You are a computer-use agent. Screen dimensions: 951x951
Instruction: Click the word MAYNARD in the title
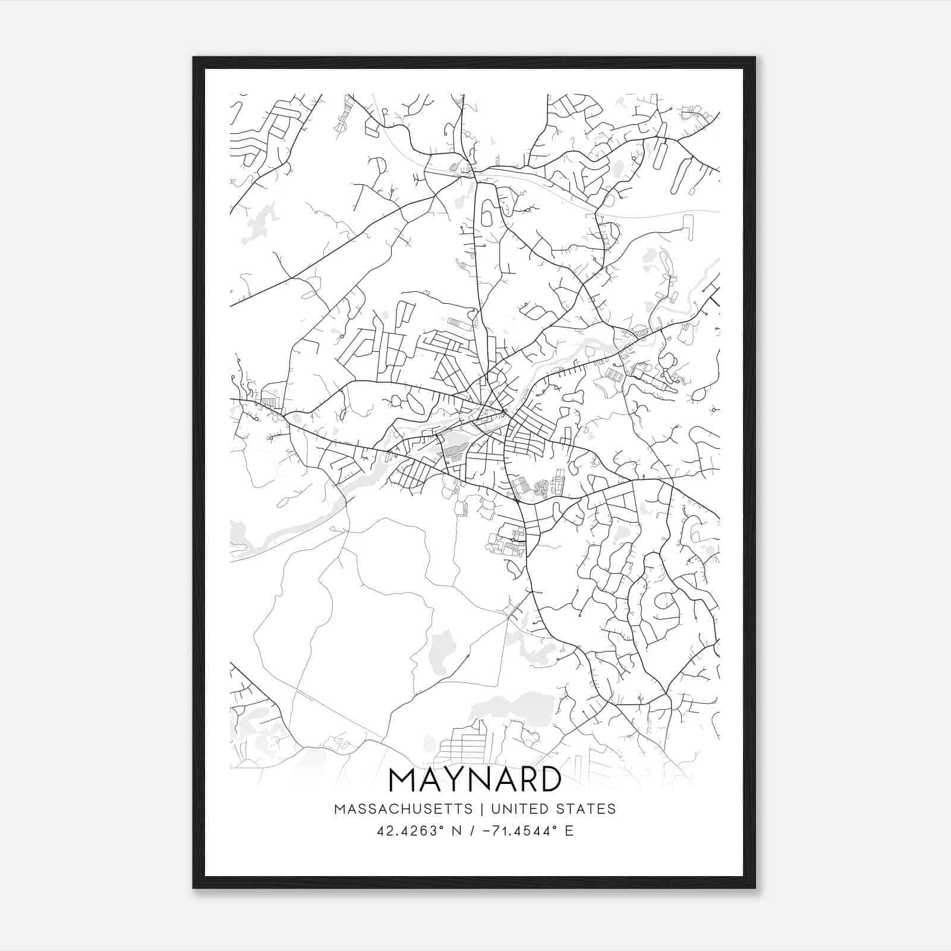(x=475, y=780)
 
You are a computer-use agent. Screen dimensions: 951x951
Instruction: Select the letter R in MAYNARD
(x=523, y=780)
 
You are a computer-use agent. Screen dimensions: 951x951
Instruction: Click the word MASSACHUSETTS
(x=404, y=809)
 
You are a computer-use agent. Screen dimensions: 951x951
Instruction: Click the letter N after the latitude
(x=458, y=831)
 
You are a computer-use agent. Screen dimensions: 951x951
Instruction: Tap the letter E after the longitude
(x=569, y=831)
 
